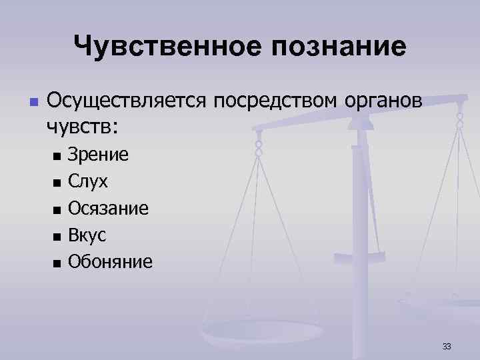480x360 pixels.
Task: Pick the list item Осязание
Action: tap(109, 209)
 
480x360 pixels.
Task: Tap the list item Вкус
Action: tap(87, 235)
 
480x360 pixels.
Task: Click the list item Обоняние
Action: tap(110, 261)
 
